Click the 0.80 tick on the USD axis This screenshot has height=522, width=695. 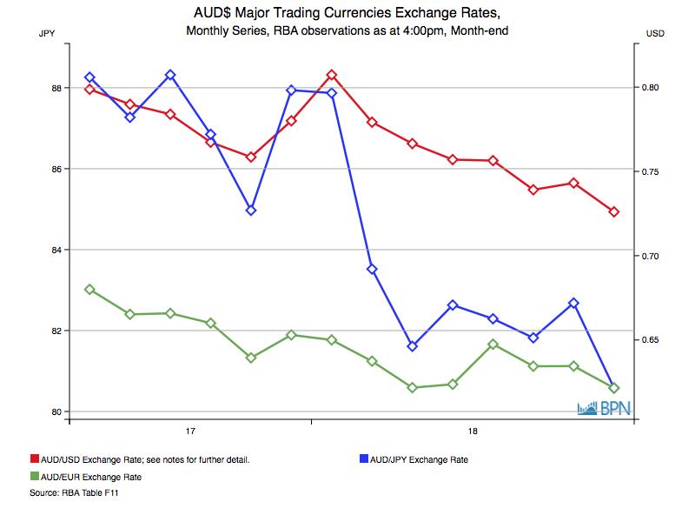click(652, 88)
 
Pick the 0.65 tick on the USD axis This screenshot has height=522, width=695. click(652, 339)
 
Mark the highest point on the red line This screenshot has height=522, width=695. click(332, 75)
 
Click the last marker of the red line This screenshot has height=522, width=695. click(614, 212)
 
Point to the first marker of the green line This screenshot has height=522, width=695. click(89, 289)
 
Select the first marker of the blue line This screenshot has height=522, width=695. click(89, 77)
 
